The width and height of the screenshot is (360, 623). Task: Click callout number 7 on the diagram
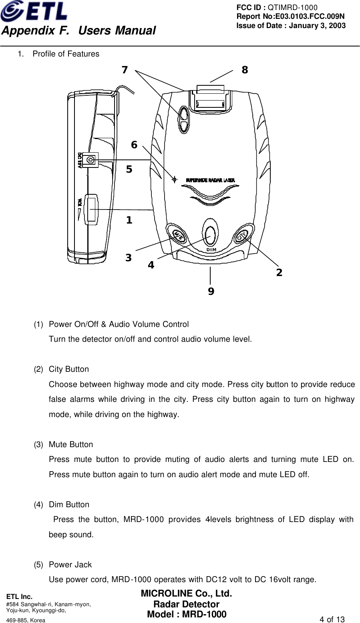[x=125, y=70]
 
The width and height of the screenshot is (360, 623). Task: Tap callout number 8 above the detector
[x=245, y=70]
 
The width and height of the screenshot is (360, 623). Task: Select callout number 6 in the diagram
[x=134, y=145]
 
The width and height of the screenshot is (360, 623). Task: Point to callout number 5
[x=129, y=169]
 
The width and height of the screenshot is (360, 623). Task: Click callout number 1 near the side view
[x=129, y=220]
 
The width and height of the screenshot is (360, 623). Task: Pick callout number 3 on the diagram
[x=128, y=258]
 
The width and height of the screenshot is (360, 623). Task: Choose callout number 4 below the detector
[x=151, y=265]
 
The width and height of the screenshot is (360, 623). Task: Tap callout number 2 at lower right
[x=279, y=273]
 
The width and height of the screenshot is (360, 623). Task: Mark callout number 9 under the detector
[x=211, y=292]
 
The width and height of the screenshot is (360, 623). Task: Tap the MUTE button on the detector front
[x=178, y=234]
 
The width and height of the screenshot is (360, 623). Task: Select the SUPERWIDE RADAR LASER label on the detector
[x=210, y=180]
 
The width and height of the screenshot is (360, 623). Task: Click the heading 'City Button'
[x=68, y=369]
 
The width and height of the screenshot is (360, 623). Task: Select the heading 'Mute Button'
[x=70, y=444]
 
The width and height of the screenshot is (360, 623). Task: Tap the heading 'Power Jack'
[x=70, y=565]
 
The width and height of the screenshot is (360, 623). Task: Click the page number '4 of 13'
[x=332, y=619]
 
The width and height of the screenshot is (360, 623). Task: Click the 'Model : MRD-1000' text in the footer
[x=187, y=615]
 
